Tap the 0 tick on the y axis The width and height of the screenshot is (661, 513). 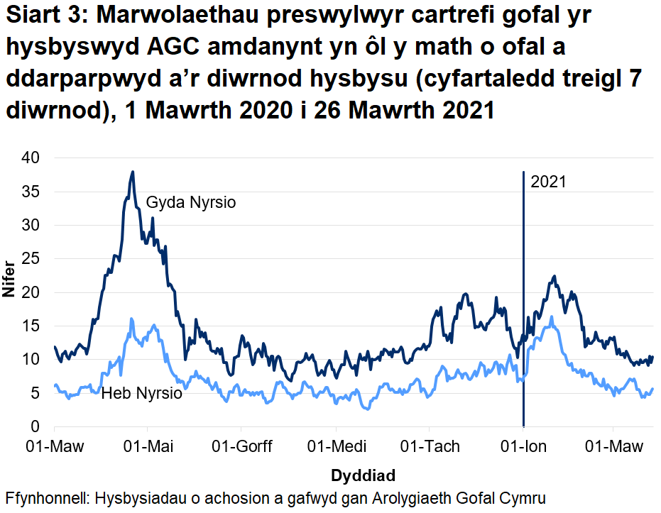[38, 427]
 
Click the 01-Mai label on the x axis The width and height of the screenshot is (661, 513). [148, 446]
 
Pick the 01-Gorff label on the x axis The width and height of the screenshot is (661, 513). [241, 446]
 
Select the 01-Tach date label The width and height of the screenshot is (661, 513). [430, 446]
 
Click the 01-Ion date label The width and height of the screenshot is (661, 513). [523, 446]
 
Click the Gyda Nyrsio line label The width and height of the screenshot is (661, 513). [190, 203]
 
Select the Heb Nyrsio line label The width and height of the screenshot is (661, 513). [141, 393]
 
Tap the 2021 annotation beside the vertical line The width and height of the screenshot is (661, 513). [548, 182]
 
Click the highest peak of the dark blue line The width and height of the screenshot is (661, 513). [132, 172]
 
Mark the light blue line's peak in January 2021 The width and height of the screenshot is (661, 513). [551, 317]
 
